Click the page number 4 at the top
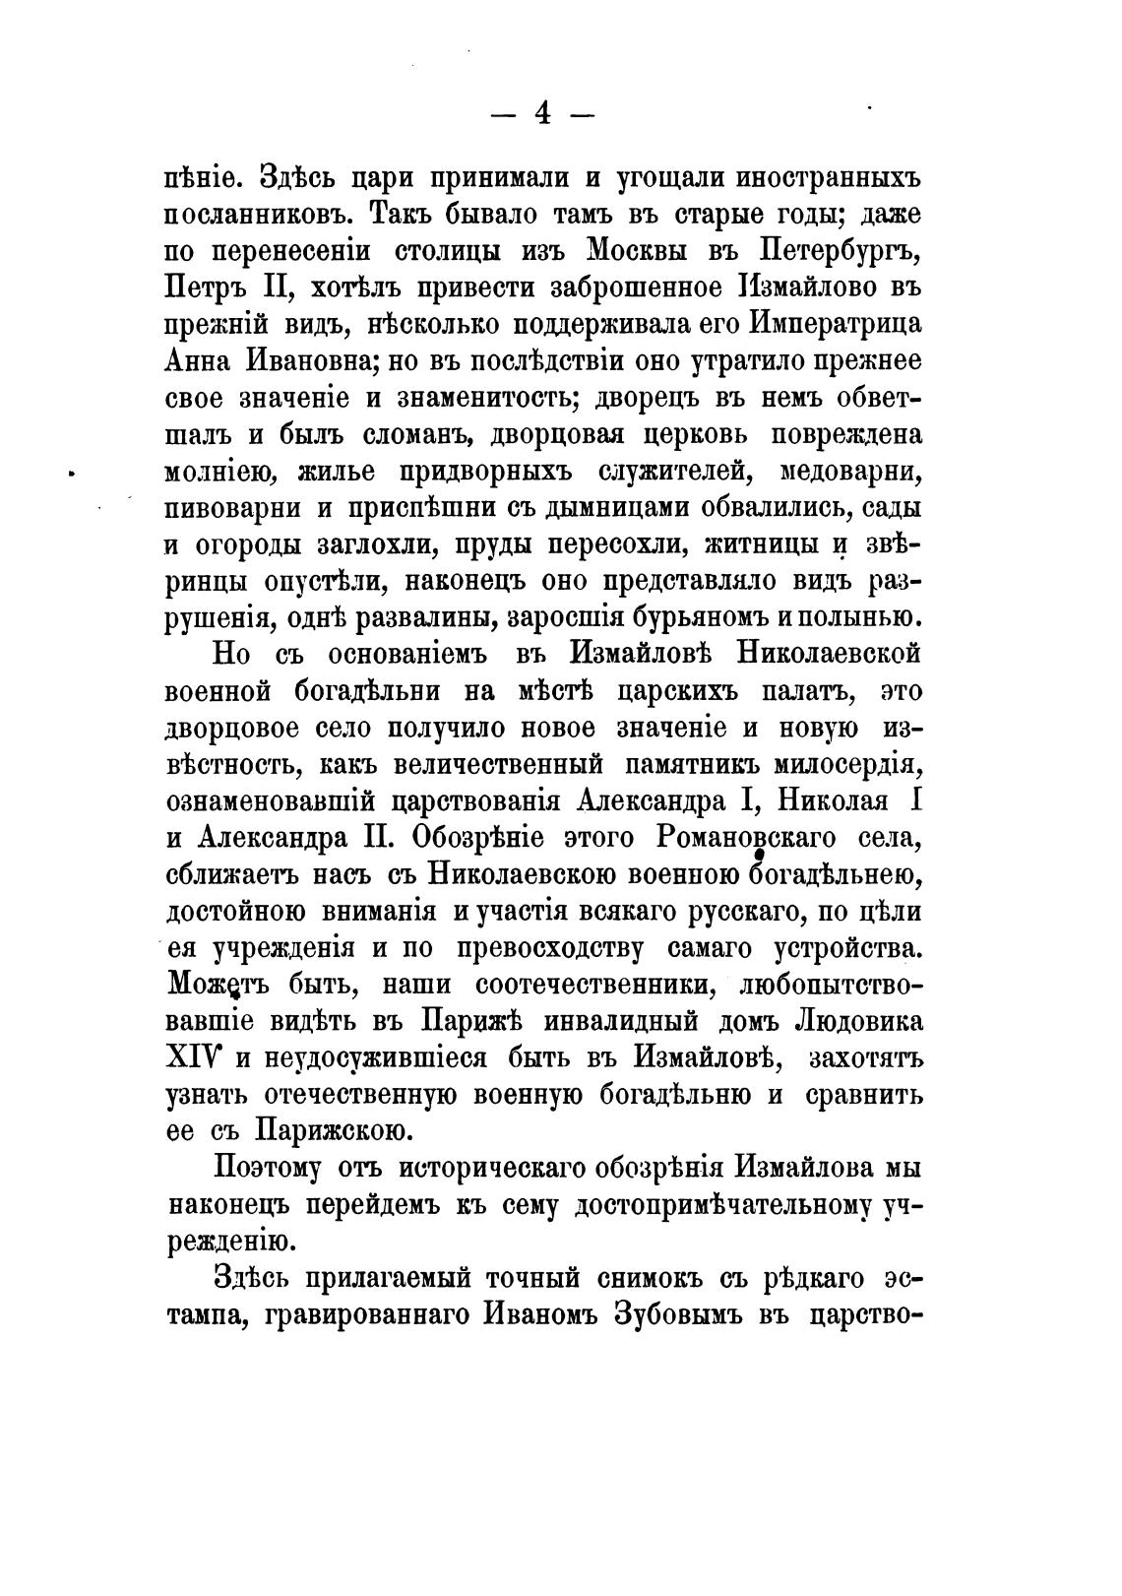(x=542, y=114)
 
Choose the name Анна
(x=198, y=361)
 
